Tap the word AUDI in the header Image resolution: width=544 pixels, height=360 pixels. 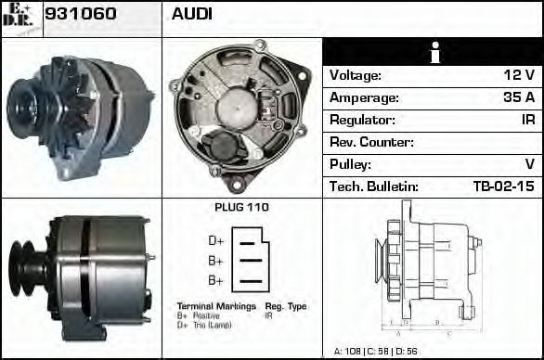(x=191, y=14)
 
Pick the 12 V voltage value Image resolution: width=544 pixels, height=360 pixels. (x=518, y=76)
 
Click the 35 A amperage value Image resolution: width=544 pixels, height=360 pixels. (x=517, y=98)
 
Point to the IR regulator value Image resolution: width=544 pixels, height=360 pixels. (x=526, y=121)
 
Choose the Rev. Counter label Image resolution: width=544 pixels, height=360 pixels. (x=371, y=143)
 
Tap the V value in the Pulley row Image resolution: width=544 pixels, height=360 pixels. (x=529, y=165)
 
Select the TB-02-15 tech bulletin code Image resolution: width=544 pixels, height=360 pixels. (x=503, y=187)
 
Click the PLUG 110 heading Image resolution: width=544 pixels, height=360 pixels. (x=241, y=207)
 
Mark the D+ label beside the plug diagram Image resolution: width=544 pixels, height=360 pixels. (x=215, y=241)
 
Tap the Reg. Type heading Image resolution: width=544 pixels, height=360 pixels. (x=285, y=305)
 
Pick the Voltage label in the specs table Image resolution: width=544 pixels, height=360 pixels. (x=355, y=76)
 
